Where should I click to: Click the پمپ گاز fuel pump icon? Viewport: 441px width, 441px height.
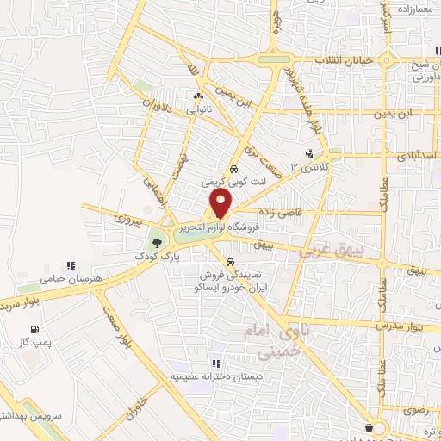34,329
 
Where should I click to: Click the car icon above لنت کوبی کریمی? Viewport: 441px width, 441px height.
233,169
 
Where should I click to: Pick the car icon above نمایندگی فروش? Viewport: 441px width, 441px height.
230,261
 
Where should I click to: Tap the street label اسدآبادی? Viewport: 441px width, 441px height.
414,158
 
